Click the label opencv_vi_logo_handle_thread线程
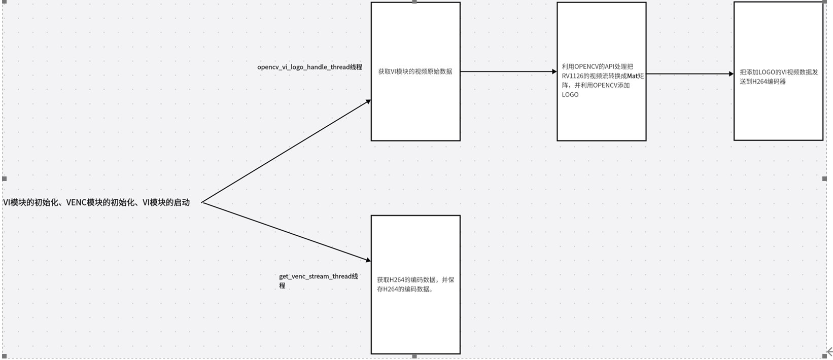pos(309,67)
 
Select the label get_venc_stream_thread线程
pos(318,276)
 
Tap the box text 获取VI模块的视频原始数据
pos(415,71)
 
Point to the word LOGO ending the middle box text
pos(570,95)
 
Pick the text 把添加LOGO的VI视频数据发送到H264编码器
pos(778,77)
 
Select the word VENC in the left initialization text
pos(76,203)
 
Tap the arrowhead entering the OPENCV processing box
pos(554,72)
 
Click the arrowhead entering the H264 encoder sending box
pos(731,74)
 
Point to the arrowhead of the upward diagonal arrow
pos(368,101)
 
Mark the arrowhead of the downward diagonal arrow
pos(368,261)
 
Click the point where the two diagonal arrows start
pos(202,203)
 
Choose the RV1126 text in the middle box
pos(572,76)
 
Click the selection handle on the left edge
pos(5,178)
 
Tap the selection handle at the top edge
pos(414,2)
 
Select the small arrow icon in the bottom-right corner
pos(829,351)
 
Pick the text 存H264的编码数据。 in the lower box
pos(406,289)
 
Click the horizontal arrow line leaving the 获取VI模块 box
pos(507,72)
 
